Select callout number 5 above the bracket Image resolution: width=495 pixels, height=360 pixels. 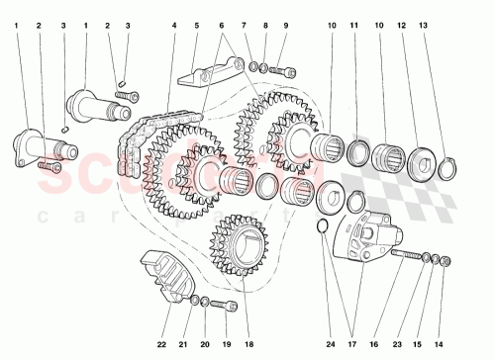tap(197, 24)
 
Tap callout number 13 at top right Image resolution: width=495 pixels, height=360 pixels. tap(452, 24)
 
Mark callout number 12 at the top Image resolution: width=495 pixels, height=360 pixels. tap(429, 24)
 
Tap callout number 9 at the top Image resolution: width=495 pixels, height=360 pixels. tap(286, 24)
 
